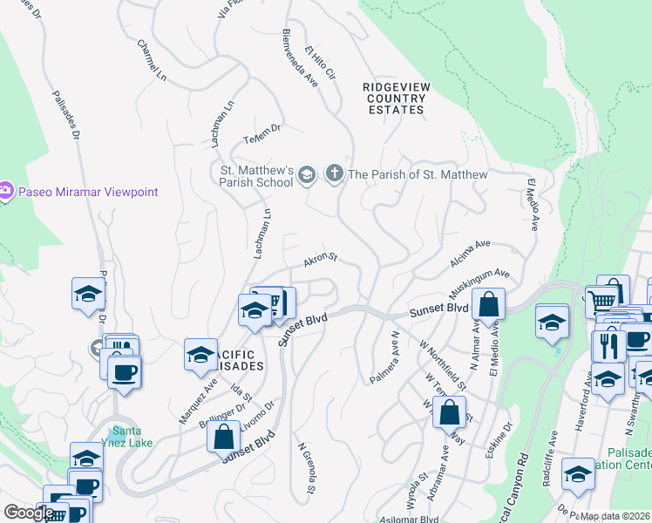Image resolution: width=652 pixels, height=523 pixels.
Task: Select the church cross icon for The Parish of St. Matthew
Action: pyautogui.click(x=334, y=174)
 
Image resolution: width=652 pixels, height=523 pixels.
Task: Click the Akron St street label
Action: pyautogui.click(x=320, y=260)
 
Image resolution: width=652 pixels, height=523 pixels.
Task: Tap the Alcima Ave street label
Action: pyautogui.click(x=472, y=254)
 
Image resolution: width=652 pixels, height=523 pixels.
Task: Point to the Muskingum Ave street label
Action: pyautogui.click(x=480, y=282)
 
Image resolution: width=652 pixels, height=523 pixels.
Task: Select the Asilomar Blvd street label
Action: pyautogui.click(x=415, y=518)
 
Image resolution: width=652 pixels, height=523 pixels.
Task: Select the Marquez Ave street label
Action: pyautogui.click(x=198, y=400)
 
